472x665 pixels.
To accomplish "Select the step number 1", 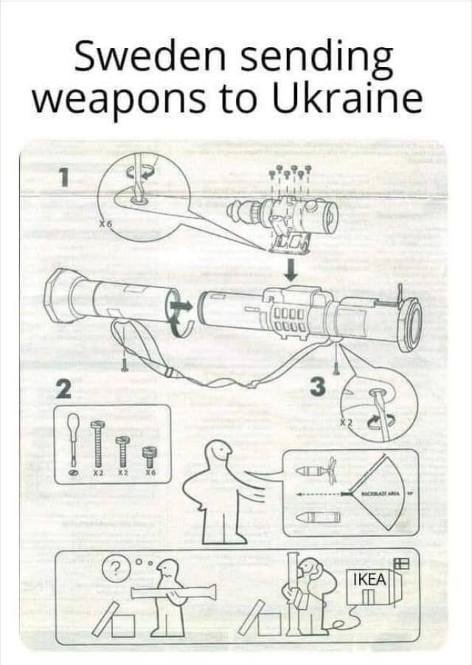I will pyautogui.click(x=65, y=177).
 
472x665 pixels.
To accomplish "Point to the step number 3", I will pyautogui.click(x=317, y=386).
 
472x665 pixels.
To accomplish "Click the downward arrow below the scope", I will pyautogui.click(x=292, y=270).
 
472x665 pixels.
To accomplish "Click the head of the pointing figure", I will pyautogui.click(x=220, y=450).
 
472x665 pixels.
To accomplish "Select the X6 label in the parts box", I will pyautogui.click(x=148, y=473).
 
